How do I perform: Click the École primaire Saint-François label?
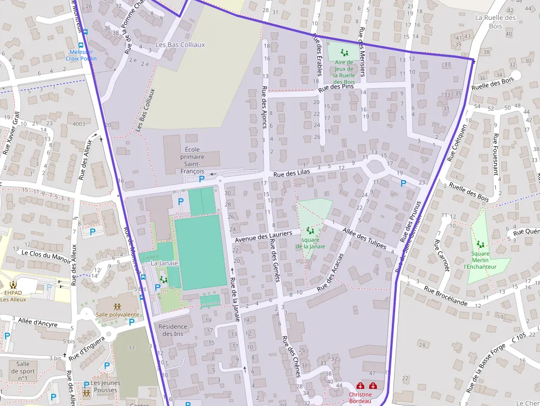(192, 160)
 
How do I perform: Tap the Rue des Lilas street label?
(291, 172)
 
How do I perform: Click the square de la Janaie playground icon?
(309, 231)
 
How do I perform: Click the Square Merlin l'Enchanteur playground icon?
(480, 244)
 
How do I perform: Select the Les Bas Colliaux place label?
(180, 45)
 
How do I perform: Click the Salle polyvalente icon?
(117, 306)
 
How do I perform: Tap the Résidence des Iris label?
(173, 330)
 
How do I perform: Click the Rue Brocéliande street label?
(446, 295)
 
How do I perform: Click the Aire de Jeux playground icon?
(344, 53)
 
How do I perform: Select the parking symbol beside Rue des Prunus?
(403, 183)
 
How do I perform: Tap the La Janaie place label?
(164, 263)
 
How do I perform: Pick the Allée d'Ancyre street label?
(37, 322)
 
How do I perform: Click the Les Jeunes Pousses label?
(104, 387)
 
